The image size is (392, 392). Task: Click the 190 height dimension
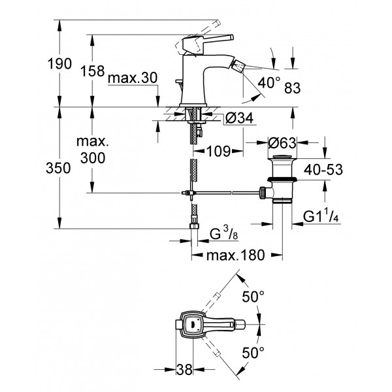[x=59, y=64]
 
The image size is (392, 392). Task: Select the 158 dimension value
[x=92, y=71]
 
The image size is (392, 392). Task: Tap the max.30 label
[x=133, y=78]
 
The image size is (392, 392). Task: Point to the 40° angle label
[x=269, y=83]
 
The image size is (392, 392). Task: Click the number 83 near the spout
[x=292, y=88]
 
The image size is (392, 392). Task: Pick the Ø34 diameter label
[x=239, y=118]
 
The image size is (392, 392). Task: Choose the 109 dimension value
[x=218, y=151]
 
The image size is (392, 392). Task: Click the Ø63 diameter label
[x=282, y=143]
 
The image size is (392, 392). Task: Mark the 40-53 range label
[x=323, y=170]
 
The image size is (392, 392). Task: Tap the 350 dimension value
[x=58, y=168]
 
